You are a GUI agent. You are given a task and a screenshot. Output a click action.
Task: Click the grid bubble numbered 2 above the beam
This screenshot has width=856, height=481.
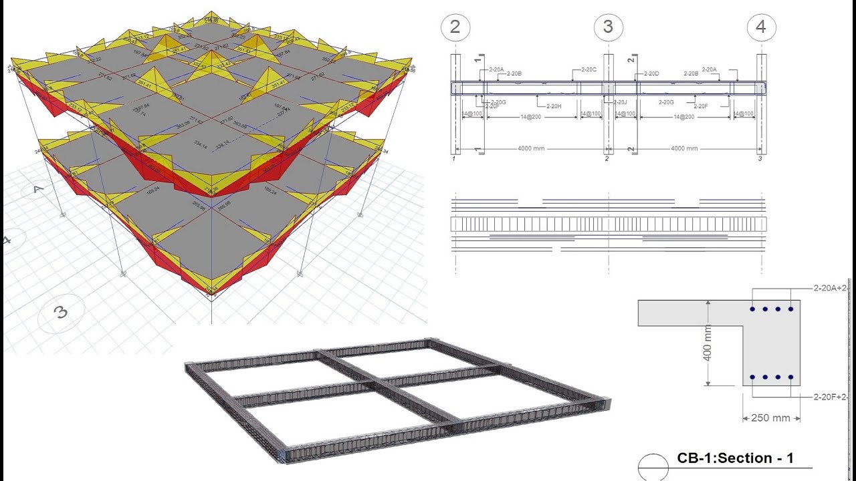point(455,27)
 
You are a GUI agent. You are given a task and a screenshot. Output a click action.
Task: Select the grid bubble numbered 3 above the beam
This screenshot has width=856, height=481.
point(608,27)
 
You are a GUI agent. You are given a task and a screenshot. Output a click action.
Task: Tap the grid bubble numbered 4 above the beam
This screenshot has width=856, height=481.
point(761,27)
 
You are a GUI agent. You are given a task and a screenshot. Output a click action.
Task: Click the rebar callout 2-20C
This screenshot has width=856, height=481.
point(588,69)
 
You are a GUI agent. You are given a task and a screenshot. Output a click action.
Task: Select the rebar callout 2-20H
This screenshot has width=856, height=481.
point(554,106)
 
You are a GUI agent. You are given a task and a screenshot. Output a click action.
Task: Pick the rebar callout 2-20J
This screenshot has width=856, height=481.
point(620,102)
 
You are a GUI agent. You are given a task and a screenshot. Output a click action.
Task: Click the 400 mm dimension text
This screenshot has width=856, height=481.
point(708,343)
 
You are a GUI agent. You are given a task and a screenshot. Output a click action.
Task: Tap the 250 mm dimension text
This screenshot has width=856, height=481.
point(771,418)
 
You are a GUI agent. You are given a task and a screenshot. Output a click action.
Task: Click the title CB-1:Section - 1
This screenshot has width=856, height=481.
point(735,458)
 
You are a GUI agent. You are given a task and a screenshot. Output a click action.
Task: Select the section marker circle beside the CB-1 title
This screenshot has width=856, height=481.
point(653,465)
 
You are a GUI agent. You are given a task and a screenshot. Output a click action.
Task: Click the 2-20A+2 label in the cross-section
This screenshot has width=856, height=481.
point(830,289)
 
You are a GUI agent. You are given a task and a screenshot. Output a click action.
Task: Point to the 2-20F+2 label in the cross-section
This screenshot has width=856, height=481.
point(830,397)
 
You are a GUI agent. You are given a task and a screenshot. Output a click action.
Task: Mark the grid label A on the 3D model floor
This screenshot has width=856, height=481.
point(39,190)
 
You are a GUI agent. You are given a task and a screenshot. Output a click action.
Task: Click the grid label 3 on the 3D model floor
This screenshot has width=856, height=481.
point(61,311)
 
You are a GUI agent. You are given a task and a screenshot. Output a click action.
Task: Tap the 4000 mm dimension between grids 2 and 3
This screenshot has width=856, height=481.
point(531,148)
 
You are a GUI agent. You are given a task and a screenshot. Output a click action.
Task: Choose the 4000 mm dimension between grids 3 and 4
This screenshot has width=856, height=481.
point(684,148)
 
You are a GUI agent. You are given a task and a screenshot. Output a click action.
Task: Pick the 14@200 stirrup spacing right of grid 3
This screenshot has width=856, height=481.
point(684,116)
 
